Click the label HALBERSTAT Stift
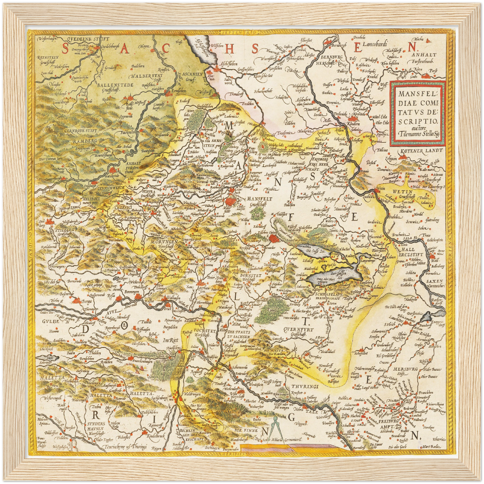point(147,78)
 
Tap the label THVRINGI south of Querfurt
point(304,386)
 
